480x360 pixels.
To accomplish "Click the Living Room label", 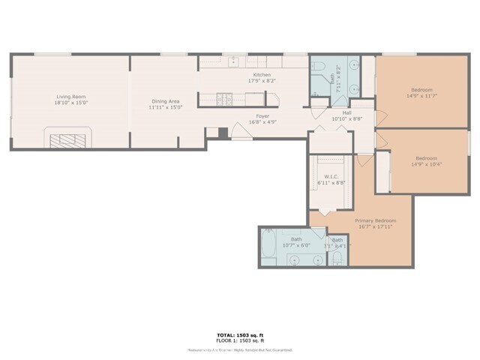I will pyautogui.click(x=71, y=97).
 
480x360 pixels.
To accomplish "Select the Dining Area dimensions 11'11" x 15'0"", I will pyautogui.click(x=165, y=107).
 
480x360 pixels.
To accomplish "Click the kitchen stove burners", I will pyautogui.click(x=223, y=97).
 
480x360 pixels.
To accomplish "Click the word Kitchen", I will pyautogui.click(x=261, y=74).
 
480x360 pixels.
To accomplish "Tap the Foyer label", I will pyautogui.click(x=262, y=116).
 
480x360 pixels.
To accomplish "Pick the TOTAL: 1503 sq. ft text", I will pyautogui.click(x=239, y=335).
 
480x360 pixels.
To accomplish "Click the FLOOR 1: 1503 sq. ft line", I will pyautogui.click(x=239, y=342).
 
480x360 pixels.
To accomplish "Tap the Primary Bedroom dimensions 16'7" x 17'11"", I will pyautogui.click(x=375, y=227).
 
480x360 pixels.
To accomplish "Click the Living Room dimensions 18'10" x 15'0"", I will pyautogui.click(x=71, y=103).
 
